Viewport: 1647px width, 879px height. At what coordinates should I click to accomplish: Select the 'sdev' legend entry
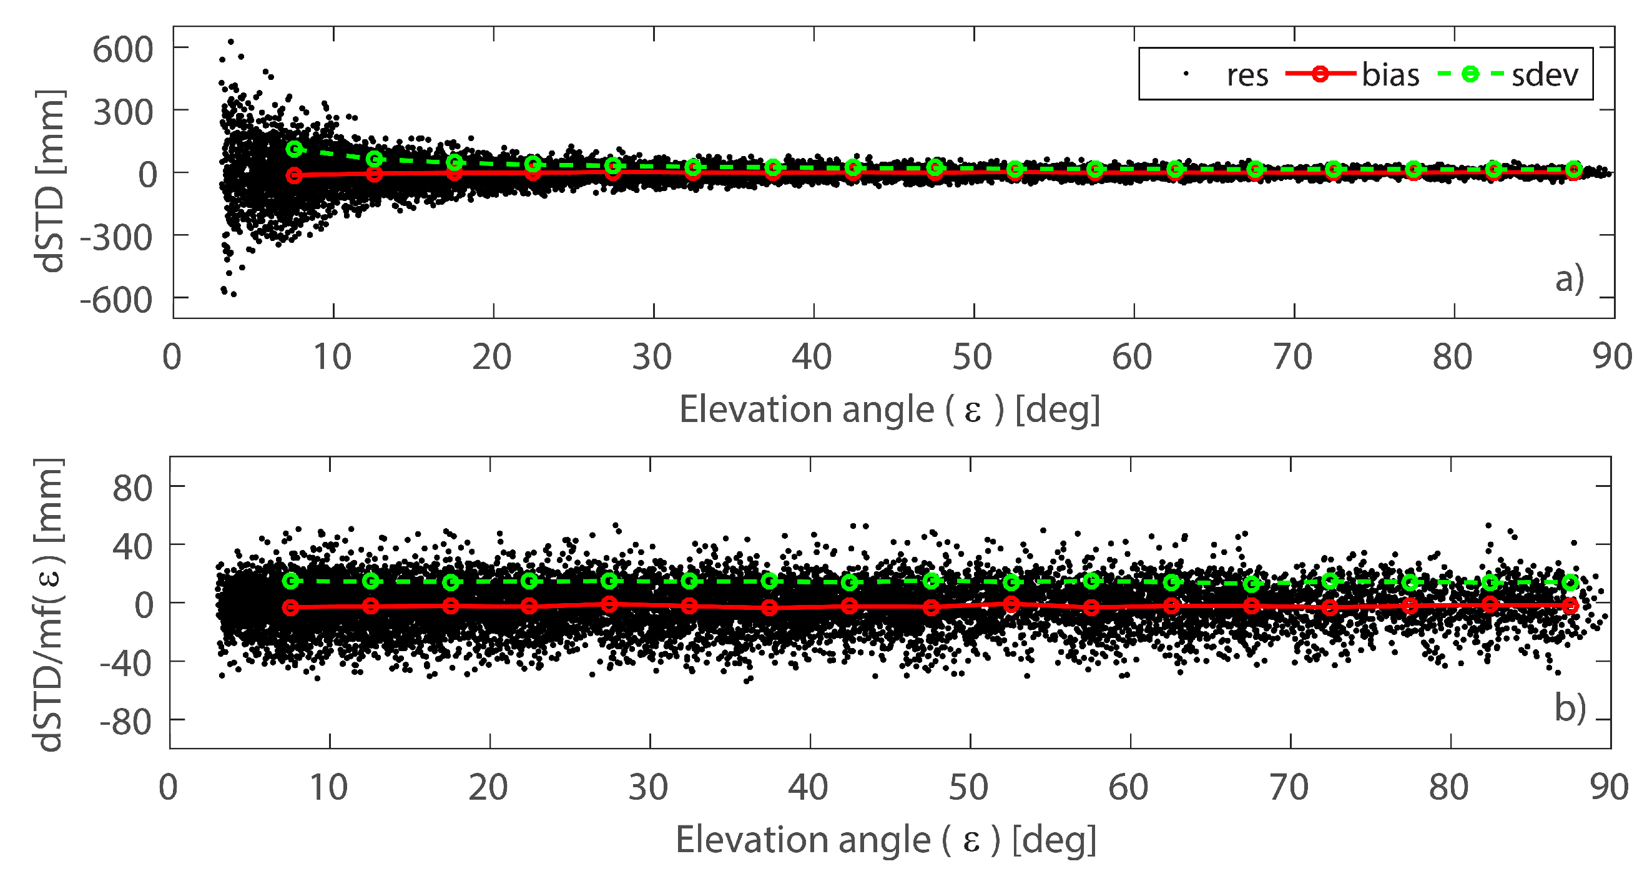tap(1544, 75)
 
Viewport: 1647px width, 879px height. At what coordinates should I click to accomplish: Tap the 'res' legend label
tap(1247, 76)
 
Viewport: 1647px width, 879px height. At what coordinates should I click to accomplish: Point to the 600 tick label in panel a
tap(123, 49)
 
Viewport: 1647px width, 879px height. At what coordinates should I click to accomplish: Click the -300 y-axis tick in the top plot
tap(116, 238)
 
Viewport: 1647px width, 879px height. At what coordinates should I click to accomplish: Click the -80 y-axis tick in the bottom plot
tap(126, 722)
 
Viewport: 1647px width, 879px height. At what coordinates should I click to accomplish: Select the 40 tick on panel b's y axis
tap(133, 547)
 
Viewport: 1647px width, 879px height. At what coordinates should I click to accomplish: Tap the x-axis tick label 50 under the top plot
tap(972, 356)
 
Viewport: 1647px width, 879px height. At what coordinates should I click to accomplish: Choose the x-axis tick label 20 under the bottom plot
tap(488, 787)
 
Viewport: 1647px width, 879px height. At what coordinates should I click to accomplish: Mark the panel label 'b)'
tap(1570, 708)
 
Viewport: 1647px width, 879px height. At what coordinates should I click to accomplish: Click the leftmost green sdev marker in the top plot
tap(294, 149)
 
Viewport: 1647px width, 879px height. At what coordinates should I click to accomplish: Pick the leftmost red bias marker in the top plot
tap(294, 175)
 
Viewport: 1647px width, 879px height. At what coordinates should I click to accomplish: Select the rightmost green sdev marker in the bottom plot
tap(1570, 582)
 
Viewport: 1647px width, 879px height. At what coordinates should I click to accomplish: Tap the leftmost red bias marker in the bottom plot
tap(291, 607)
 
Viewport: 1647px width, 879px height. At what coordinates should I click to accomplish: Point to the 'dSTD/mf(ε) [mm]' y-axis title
tap(49, 604)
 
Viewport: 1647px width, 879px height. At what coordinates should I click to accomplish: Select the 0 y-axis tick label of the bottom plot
tap(144, 605)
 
